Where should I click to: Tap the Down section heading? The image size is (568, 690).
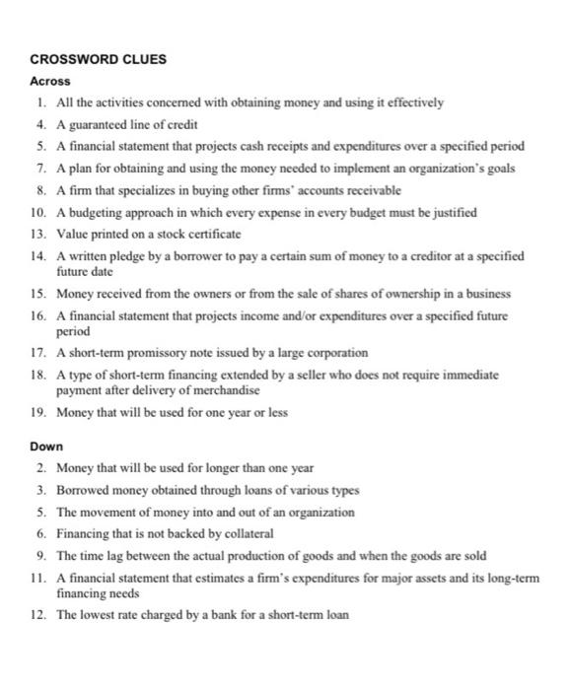point(46,446)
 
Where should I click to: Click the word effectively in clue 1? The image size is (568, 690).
point(413,102)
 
